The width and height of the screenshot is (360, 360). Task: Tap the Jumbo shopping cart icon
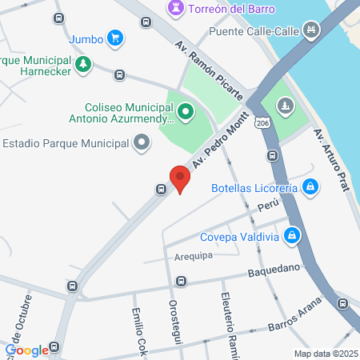click(x=115, y=37)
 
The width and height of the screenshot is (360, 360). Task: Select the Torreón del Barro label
click(x=231, y=9)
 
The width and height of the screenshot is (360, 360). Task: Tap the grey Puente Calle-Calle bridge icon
click(x=311, y=32)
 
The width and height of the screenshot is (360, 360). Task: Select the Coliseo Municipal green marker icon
click(x=186, y=111)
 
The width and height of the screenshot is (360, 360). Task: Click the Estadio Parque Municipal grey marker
click(x=142, y=143)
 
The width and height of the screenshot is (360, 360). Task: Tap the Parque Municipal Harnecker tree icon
click(x=83, y=63)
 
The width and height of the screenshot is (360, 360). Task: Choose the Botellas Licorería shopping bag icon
click(x=311, y=188)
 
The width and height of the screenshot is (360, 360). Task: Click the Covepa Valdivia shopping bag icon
click(x=293, y=234)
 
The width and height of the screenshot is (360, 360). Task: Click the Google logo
click(x=26, y=350)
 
